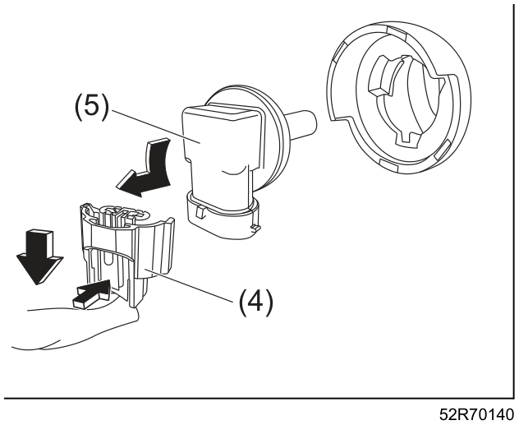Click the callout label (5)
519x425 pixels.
click(x=91, y=107)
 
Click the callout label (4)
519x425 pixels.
click(x=256, y=302)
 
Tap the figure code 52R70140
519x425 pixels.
click(x=476, y=415)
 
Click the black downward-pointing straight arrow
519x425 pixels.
click(x=39, y=256)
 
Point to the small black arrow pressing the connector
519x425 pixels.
click(x=91, y=294)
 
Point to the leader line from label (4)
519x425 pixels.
click(x=189, y=285)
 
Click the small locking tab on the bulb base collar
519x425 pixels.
click(x=200, y=211)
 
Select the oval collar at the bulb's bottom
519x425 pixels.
click(x=223, y=215)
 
